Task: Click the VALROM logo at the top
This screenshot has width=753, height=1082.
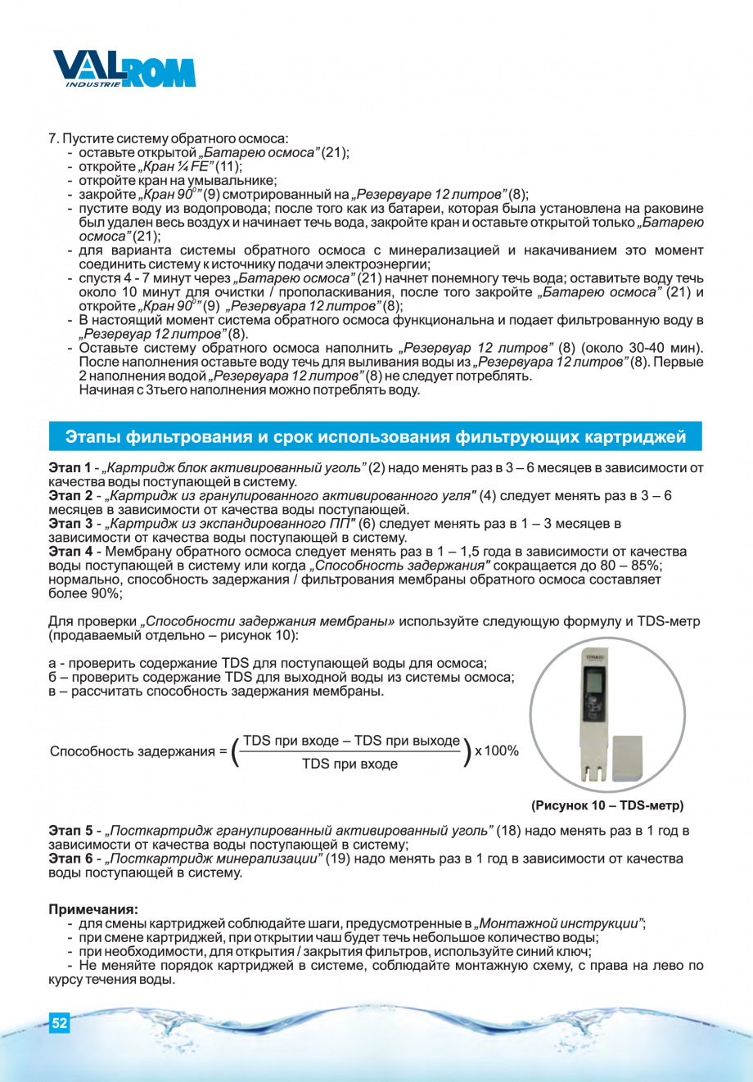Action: click(x=124, y=69)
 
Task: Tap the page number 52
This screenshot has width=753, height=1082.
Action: click(x=60, y=1023)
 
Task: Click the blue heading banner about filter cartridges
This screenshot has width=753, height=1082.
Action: click(x=376, y=437)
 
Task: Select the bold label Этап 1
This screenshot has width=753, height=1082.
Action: click(x=70, y=468)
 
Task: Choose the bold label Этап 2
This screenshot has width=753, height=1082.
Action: click(x=70, y=496)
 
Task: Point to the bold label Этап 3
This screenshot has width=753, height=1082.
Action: click(x=70, y=524)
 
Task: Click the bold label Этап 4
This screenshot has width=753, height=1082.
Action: click(x=70, y=552)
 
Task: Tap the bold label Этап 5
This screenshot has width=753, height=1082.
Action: click(x=70, y=831)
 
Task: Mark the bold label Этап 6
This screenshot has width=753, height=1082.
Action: click(x=70, y=859)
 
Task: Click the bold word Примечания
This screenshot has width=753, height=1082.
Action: click(x=93, y=909)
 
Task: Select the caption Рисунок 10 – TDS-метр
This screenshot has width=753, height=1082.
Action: click(x=607, y=805)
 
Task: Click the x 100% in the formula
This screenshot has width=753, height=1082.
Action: click(x=497, y=751)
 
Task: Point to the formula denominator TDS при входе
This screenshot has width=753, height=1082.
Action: click(x=349, y=764)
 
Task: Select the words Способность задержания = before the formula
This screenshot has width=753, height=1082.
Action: click(x=138, y=751)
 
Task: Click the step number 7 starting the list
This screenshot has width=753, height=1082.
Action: click(x=53, y=138)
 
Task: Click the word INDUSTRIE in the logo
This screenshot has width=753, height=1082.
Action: click(x=92, y=83)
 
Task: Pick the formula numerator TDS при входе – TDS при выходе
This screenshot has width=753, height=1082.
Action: click(x=351, y=741)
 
